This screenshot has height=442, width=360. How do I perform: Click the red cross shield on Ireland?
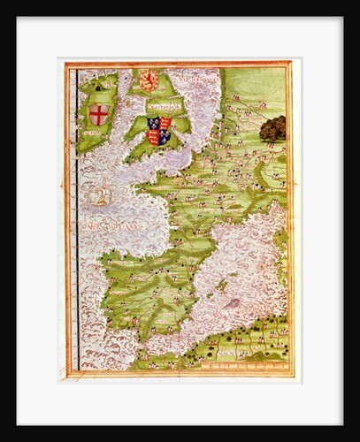[x=99, y=115]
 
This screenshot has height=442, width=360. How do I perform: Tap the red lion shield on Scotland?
[x=149, y=80]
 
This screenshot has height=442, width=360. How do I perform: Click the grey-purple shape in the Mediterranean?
[x=234, y=301]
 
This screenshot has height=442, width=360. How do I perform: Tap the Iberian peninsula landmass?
[x=146, y=283]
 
